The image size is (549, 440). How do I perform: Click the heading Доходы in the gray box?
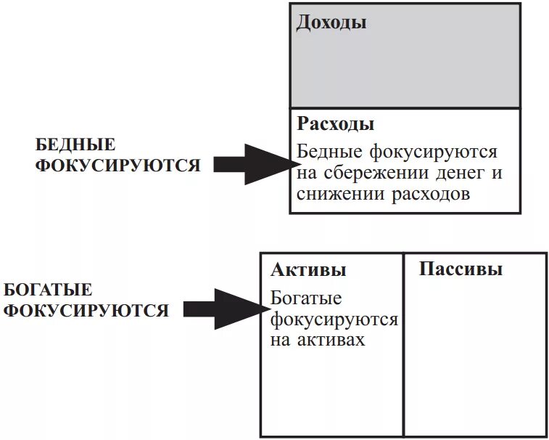click(331, 23)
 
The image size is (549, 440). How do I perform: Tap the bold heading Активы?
click(308, 270)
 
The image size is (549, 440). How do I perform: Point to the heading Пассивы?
click(461, 269)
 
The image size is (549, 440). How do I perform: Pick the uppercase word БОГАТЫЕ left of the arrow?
click(48, 290)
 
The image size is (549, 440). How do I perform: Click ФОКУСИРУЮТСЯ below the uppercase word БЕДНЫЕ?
click(118, 165)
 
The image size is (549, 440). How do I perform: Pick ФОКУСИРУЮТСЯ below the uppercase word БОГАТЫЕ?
click(86, 311)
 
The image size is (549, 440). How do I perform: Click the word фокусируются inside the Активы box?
click(334, 319)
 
